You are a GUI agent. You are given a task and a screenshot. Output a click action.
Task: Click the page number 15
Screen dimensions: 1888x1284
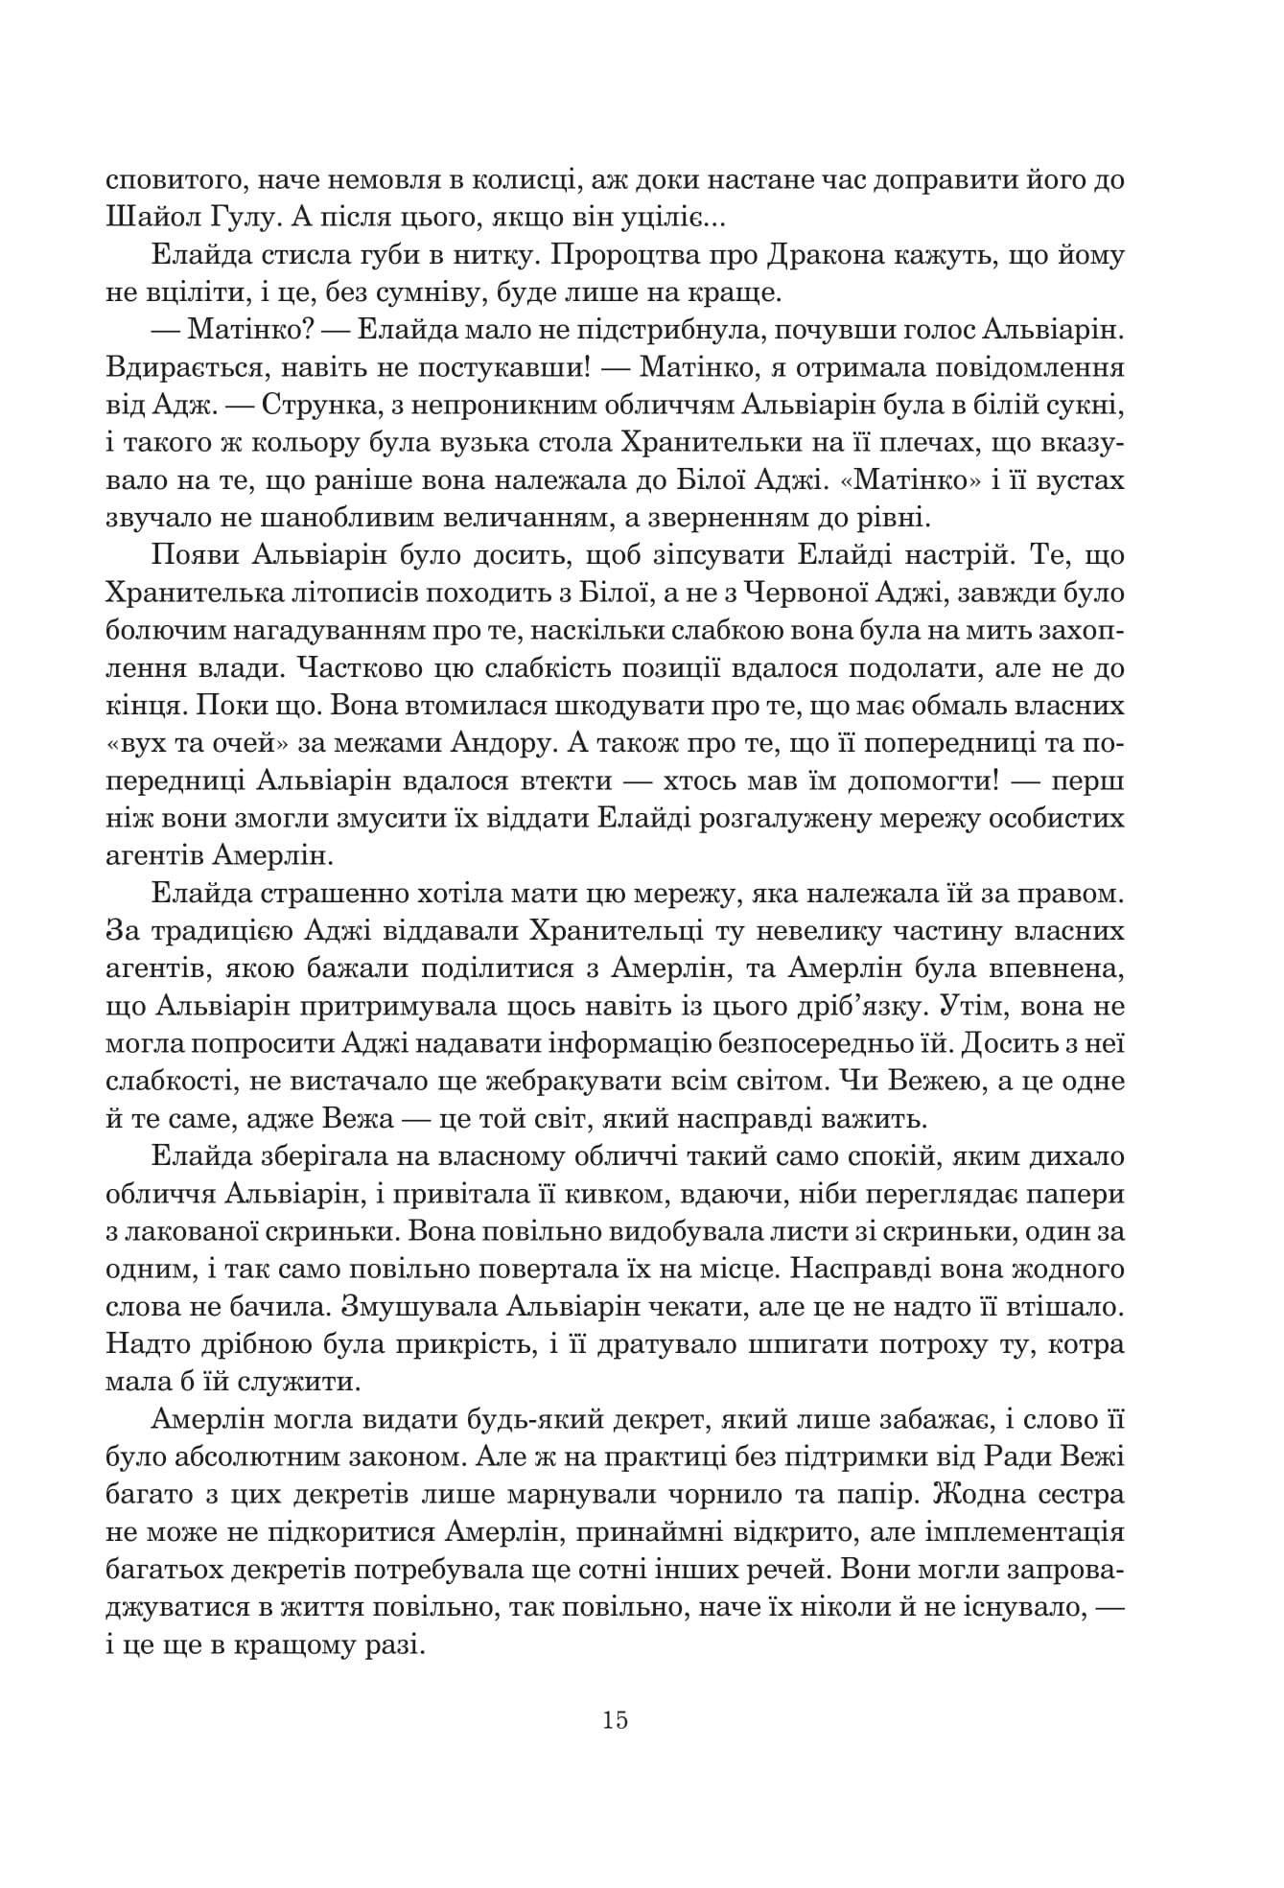click(616, 1719)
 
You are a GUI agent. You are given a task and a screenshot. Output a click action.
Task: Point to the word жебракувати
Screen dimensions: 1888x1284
click(596, 1082)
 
